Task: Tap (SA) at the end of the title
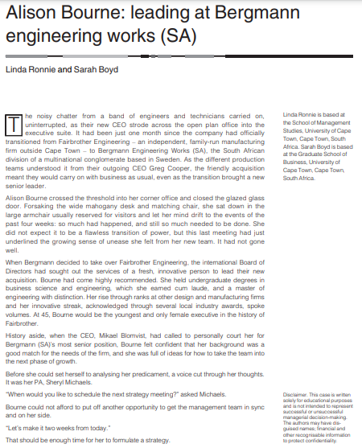point(178,38)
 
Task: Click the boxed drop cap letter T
point(14,125)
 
